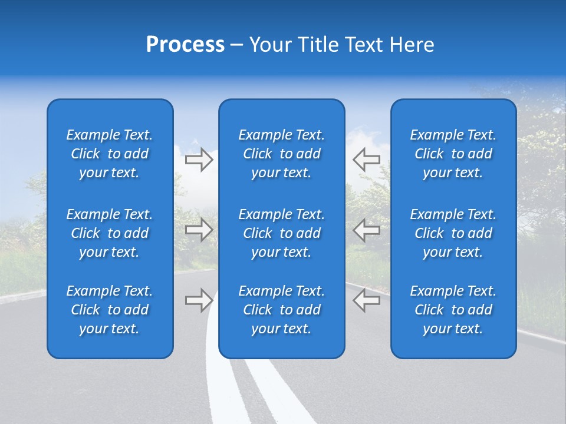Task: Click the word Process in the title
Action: click(185, 45)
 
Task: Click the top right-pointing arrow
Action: click(199, 159)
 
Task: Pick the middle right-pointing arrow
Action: click(199, 230)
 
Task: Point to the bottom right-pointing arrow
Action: click(199, 300)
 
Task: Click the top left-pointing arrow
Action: click(366, 159)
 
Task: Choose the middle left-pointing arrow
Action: click(366, 230)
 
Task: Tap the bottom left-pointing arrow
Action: click(366, 300)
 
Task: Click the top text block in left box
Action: click(110, 154)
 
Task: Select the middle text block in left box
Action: click(110, 233)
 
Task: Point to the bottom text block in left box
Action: click(110, 310)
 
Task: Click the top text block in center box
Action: click(281, 154)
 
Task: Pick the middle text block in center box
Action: click(281, 233)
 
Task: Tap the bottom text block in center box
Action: click(281, 310)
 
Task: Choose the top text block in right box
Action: click(453, 154)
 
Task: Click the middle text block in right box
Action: click(453, 233)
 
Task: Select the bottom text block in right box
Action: click(453, 310)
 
